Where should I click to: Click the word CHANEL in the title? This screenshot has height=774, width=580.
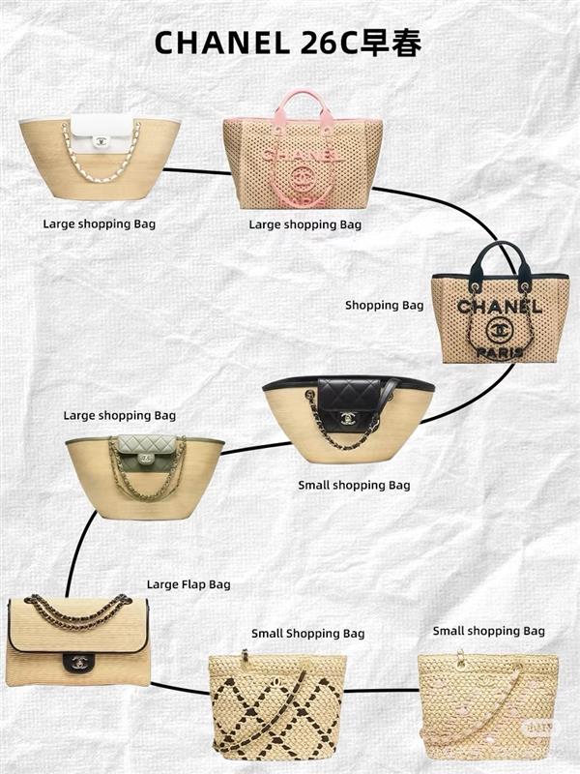click(222, 43)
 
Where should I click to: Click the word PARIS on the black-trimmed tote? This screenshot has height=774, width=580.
click(500, 353)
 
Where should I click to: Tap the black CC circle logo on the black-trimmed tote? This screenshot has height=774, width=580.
click(498, 330)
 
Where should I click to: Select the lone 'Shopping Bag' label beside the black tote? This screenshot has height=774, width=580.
click(384, 306)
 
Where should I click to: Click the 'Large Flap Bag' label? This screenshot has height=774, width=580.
click(188, 584)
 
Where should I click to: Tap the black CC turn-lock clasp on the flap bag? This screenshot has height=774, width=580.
click(77, 662)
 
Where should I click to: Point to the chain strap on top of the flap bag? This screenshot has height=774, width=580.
click(78, 611)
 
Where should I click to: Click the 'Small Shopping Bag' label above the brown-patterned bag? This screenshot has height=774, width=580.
click(307, 634)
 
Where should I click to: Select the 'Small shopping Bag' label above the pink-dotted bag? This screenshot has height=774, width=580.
click(489, 631)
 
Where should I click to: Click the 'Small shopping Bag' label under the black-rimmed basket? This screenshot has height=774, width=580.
click(354, 486)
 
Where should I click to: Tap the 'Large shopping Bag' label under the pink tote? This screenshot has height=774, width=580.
click(304, 224)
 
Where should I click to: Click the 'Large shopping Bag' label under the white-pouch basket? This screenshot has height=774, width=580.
click(100, 224)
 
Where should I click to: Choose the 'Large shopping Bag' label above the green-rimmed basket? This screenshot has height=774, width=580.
click(119, 416)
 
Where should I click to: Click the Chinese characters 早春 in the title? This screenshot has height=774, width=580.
click(391, 43)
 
